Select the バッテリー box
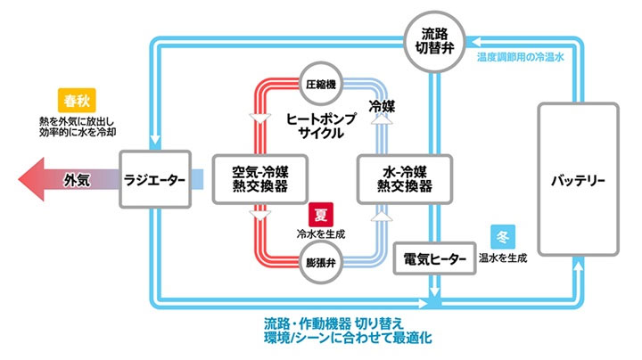tap(578, 181)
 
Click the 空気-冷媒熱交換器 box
tap(259, 179)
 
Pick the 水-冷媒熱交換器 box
tap(405, 179)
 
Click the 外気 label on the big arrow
tap(77, 180)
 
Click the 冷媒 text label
tap(382, 105)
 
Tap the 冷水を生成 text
tap(320, 233)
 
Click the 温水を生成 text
tap(502, 258)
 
